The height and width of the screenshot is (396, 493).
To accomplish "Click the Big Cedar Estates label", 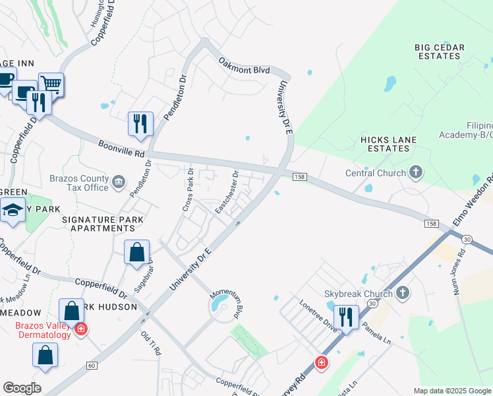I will click(440, 51).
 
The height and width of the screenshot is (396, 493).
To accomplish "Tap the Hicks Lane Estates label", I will click(385, 144).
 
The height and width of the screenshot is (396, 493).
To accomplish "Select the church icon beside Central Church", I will click(415, 173).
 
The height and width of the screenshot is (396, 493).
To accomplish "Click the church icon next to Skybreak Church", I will click(402, 292).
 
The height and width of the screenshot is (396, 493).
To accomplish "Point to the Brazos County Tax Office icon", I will click(119, 181).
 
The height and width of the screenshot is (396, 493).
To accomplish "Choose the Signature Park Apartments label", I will click(98, 223).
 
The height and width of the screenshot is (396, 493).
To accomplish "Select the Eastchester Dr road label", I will click(227, 191).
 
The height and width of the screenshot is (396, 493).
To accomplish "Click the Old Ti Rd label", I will click(150, 343).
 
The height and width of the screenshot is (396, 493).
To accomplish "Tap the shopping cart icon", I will click(51, 84).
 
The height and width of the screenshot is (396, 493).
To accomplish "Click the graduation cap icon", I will click(13, 211).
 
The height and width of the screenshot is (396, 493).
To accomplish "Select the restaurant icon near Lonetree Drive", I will click(346, 316).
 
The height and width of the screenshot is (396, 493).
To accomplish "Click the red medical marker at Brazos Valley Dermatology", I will click(80, 329).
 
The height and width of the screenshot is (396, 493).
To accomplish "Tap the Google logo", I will click(22, 388).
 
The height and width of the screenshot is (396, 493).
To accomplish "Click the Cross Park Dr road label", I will click(187, 190).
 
